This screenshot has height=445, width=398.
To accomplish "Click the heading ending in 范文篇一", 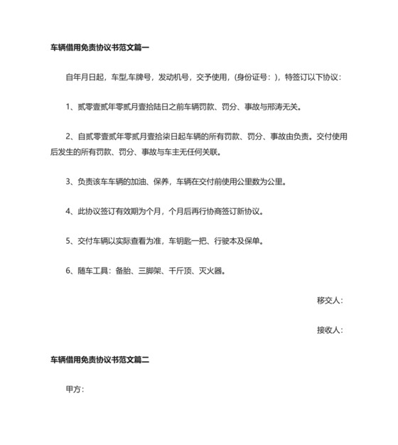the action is pos(99,48).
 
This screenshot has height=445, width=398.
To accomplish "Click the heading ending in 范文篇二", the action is pos(99,360).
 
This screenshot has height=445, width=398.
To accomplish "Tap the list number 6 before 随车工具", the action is pos(68,271).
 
